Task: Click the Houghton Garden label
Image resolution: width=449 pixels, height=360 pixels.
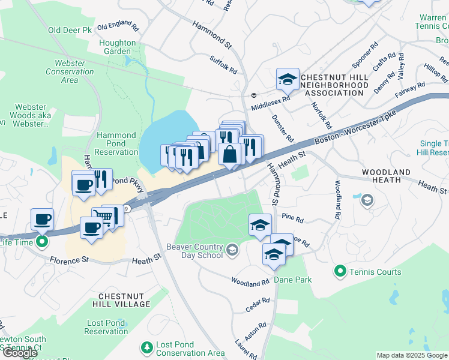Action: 118,47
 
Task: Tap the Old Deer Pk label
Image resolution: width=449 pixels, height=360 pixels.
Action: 71,30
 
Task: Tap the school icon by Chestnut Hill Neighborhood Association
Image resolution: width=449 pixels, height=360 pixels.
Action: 288,79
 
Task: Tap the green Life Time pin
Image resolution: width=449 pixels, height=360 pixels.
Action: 41,242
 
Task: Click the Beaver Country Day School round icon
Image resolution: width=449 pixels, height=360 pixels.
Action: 232,248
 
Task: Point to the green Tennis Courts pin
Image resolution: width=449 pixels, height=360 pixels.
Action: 340,272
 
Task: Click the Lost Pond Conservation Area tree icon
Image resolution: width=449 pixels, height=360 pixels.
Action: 146,347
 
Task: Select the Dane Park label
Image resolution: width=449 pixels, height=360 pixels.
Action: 293,280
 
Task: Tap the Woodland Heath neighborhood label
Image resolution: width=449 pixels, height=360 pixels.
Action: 386,176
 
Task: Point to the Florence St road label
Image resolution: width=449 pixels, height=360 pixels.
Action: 69,260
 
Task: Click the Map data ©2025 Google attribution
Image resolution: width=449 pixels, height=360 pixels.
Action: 412,355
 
